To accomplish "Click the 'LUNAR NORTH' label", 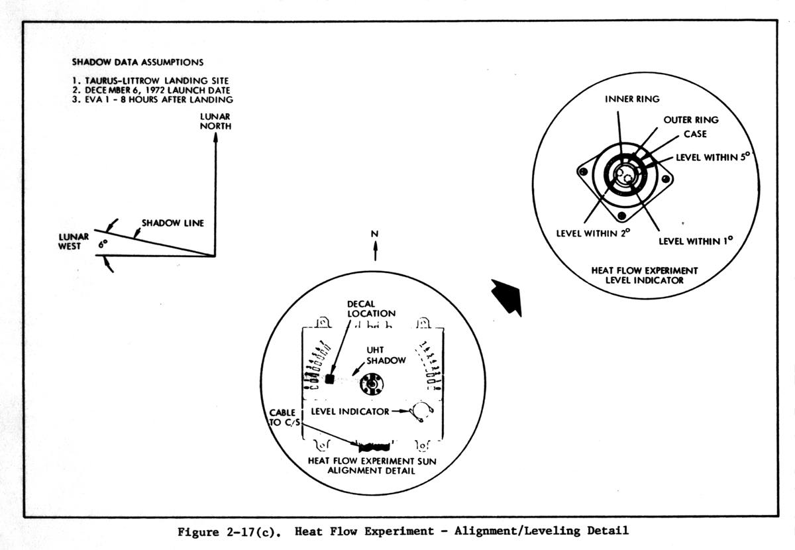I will (x=216, y=121).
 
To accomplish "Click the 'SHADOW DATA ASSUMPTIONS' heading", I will (x=137, y=63).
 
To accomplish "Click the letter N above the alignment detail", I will (x=375, y=234).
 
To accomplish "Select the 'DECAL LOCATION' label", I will (x=372, y=308).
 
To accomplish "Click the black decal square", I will (x=331, y=379).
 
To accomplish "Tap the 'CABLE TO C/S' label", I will (x=282, y=417).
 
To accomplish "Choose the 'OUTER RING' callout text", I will (x=691, y=121).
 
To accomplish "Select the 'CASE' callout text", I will (x=695, y=134).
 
